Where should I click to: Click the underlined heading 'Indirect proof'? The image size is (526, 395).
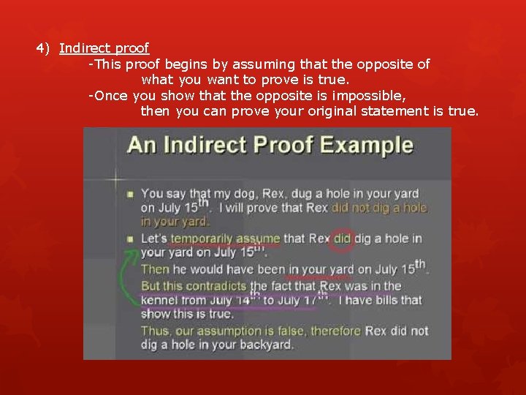[x=104, y=48]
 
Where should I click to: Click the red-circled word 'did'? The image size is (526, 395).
[x=343, y=238]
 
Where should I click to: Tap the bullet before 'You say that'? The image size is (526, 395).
[x=130, y=195]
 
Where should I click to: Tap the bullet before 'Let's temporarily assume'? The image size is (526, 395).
[x=130, y=239]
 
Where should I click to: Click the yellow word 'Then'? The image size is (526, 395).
[x=155, y=269]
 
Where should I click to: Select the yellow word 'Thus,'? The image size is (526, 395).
[x=156, y=331]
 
